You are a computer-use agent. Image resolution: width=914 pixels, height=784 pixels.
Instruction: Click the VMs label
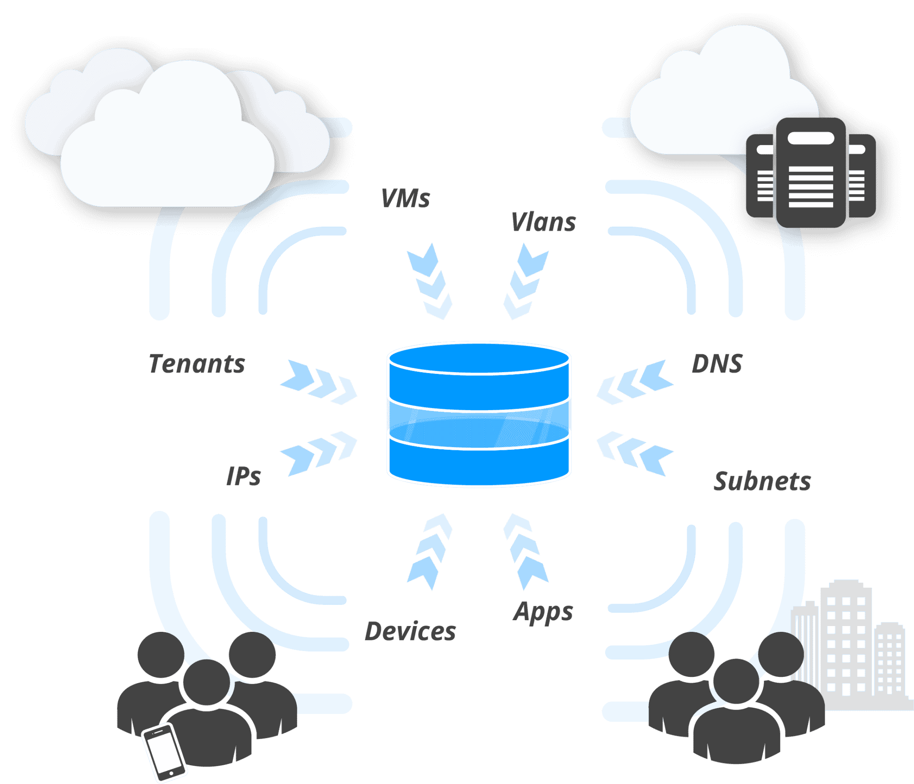[405, 199]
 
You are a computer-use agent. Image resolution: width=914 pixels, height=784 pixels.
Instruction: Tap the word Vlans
[543, 222]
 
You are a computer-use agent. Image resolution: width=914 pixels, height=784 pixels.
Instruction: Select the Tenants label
[197, 364]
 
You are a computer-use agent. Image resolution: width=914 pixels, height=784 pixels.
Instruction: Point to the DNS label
[717, 364]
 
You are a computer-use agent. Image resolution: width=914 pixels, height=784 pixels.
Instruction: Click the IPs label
[243, 476]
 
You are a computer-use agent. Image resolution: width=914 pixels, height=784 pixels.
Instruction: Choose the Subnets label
[762, 481]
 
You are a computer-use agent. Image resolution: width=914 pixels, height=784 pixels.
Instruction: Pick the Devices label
[410, 631]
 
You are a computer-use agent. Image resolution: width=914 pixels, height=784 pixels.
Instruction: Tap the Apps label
[543, 612]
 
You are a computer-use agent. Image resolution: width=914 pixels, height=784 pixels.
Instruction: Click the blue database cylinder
[479, 415]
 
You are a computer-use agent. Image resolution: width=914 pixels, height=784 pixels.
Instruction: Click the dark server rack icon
[811, 173]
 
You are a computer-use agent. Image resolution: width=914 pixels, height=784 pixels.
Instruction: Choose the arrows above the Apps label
[525, 552]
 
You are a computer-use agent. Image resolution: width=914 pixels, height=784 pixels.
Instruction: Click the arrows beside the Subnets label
[635, 452]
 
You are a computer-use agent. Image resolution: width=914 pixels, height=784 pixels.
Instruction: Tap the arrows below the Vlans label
[525, 282]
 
